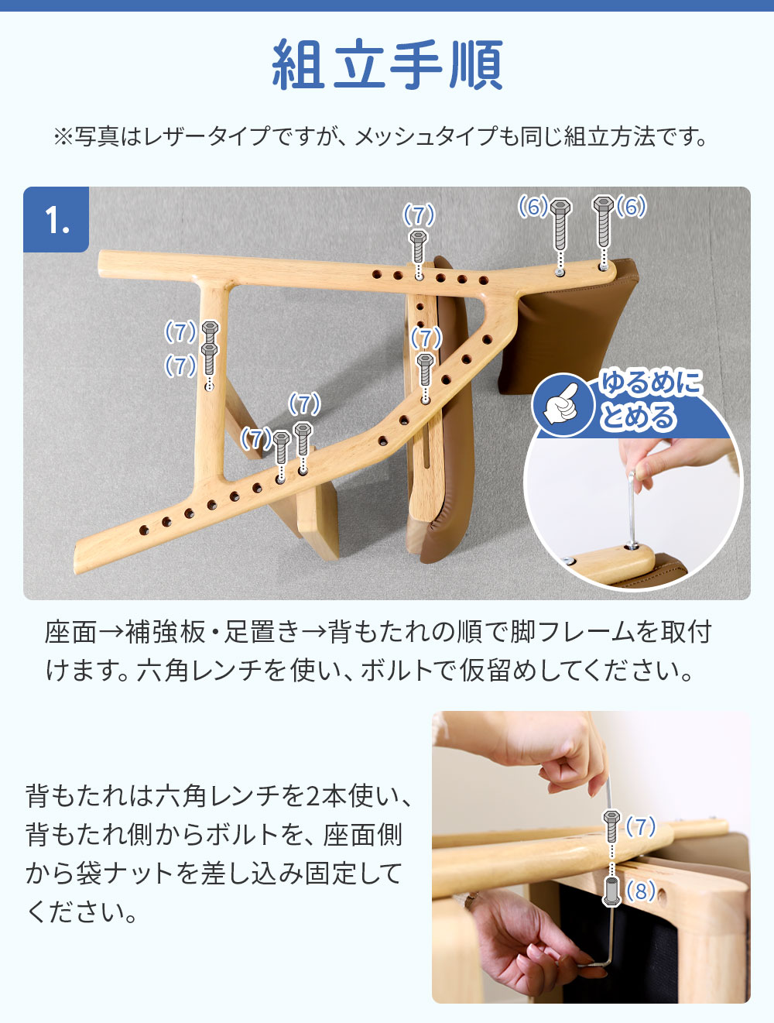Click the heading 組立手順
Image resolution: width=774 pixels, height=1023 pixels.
(x=388, y=64)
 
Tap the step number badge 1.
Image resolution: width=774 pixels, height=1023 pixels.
(x=57, y=219)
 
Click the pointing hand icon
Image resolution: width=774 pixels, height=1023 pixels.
(x=563, y=404)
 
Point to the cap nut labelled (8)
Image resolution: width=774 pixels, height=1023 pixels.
(x=612, y=891)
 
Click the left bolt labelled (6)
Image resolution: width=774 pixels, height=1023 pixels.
(x=560, y=225)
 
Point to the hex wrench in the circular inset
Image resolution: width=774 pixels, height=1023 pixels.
(x=632, y=509)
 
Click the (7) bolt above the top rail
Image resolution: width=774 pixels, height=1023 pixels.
(x=418, y=245)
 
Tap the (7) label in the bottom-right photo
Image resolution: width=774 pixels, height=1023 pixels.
(x=641, y=826)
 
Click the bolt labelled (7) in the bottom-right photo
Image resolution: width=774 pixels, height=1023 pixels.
(x=611, y=826)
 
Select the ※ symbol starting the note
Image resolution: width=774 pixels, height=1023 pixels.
(x=63, y=137)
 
